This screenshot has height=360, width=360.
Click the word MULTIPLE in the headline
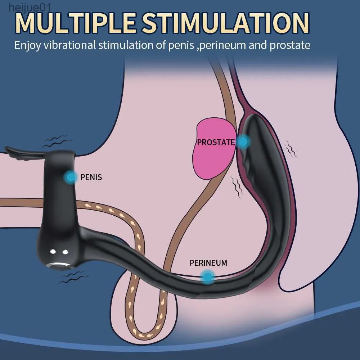75,23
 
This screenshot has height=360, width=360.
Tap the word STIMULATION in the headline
225,23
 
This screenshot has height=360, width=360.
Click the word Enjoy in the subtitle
28,45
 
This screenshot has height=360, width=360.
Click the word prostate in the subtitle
290,45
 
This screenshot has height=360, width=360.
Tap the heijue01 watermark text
30,8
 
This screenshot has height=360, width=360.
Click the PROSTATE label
216,142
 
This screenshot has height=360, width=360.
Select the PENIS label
91,177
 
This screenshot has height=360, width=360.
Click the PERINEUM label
208,263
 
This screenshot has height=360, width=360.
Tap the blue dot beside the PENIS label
71,177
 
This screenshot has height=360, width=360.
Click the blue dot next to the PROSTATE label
243,141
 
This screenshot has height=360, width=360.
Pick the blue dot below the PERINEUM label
208,277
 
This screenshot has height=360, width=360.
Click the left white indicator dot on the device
53,252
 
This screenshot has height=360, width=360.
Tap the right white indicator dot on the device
66,252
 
